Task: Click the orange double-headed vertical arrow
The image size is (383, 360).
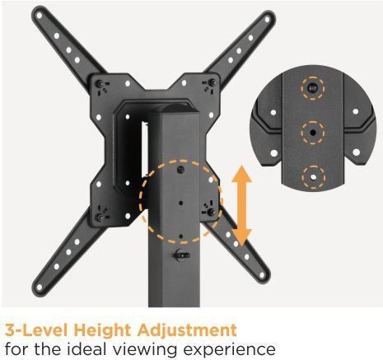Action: point(241,205)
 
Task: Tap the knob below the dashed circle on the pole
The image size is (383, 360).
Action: point(180,255)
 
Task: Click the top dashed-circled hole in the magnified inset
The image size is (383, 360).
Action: point(312,88)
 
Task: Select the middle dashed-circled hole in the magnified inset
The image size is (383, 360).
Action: point(312,133)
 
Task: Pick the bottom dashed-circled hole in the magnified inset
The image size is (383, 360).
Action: point(313,177)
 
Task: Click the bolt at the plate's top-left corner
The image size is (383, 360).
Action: point(101,83)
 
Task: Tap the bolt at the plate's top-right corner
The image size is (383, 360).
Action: point(213,82)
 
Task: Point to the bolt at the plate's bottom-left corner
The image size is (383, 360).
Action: point(100,217)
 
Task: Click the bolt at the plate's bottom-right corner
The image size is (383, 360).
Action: point(212,212)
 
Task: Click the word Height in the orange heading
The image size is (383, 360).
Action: point(103,330)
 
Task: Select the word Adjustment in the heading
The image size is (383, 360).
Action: point(187,330)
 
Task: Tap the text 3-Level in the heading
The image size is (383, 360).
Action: point(36,330)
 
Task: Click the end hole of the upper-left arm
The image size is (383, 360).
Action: point(40,16)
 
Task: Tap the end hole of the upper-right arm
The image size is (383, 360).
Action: point(267,20)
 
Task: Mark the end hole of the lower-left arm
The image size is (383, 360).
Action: point(40,288)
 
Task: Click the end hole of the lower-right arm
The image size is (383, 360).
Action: point(262,275)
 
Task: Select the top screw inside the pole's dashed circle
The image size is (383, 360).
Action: point(180,169)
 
